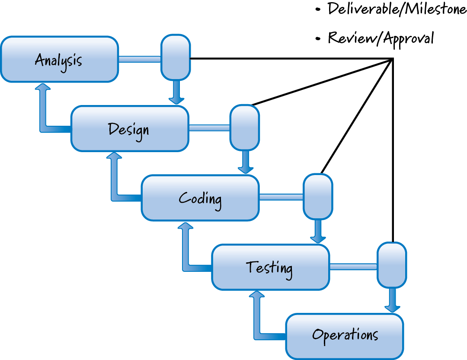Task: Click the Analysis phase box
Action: tap(59, 59)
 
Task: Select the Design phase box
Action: tap(130, 128)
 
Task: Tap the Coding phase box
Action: tap(200, 198)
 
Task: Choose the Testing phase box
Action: tap(270, 267)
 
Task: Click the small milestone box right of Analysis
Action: tap(176, 57)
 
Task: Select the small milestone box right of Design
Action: tap(245, 127)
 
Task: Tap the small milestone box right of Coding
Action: tap(318, 196)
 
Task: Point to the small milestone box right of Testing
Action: tap(392, 265)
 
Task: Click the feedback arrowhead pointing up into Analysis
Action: tap(43, 87)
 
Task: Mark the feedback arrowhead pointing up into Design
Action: tap(115, 156)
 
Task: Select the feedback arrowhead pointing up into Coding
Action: tap(186, 226)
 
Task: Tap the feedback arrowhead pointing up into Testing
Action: tap(257, 295)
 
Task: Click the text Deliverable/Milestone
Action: tap(397, 9)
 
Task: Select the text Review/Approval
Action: tap(381, 38)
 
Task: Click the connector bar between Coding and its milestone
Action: tap(281, 197)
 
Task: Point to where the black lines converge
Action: tap(392, 59)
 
